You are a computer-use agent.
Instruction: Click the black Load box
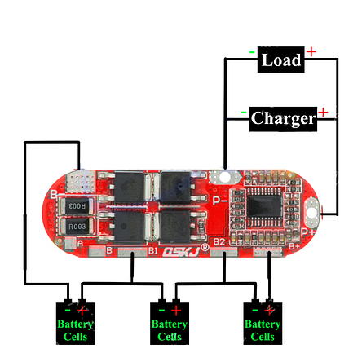pos(281,60)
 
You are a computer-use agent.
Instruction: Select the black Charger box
pos(282,118)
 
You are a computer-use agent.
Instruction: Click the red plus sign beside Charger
pos(323,112)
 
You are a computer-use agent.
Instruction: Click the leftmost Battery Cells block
pos(76,323)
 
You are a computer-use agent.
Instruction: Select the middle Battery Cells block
pos(170,323)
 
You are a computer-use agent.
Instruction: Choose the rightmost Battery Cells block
pos(263,323)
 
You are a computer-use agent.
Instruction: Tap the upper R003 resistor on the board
pos(77,205)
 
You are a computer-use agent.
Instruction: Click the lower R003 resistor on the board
pos(77,225)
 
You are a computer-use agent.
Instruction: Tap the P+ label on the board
pos(308,232)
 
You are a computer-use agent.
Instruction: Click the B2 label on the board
pos(219,242)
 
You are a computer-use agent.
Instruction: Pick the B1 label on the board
pos(152,252)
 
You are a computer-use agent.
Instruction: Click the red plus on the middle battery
pos(176,310)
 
